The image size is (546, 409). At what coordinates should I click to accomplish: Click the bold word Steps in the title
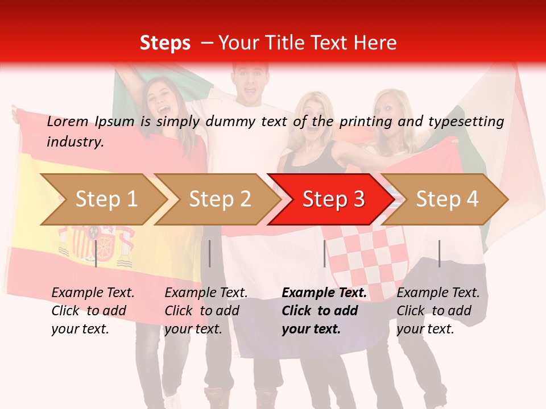[165, 43]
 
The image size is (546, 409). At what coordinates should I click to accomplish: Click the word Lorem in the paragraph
[67, 121]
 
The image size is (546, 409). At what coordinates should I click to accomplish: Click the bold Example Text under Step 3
[324, 293]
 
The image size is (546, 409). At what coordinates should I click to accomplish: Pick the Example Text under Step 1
[93, 293]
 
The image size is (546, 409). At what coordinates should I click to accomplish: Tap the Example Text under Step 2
[206, 293]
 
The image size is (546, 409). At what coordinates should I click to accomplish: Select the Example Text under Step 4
[438, 293]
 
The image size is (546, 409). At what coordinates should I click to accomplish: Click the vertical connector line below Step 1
[96, 253]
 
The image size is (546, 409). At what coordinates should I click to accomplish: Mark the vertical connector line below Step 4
[439, 253]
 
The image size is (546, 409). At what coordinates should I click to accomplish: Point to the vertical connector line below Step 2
[210, 253]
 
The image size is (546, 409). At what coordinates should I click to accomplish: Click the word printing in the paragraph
[361, 121]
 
